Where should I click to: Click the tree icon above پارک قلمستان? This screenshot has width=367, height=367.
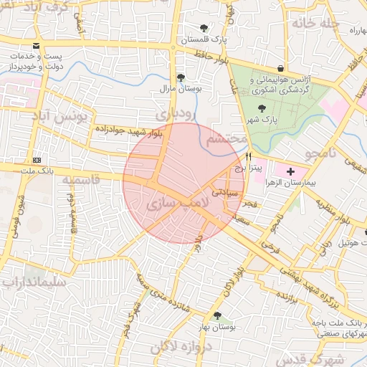205,28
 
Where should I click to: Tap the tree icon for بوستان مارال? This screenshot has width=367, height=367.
180,77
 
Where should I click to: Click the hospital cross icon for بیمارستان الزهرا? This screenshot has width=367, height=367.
290,171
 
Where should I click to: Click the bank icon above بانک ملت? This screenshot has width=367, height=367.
37,160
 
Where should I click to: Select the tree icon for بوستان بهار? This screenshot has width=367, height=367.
217,315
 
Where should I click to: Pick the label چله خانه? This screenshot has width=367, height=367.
313,22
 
